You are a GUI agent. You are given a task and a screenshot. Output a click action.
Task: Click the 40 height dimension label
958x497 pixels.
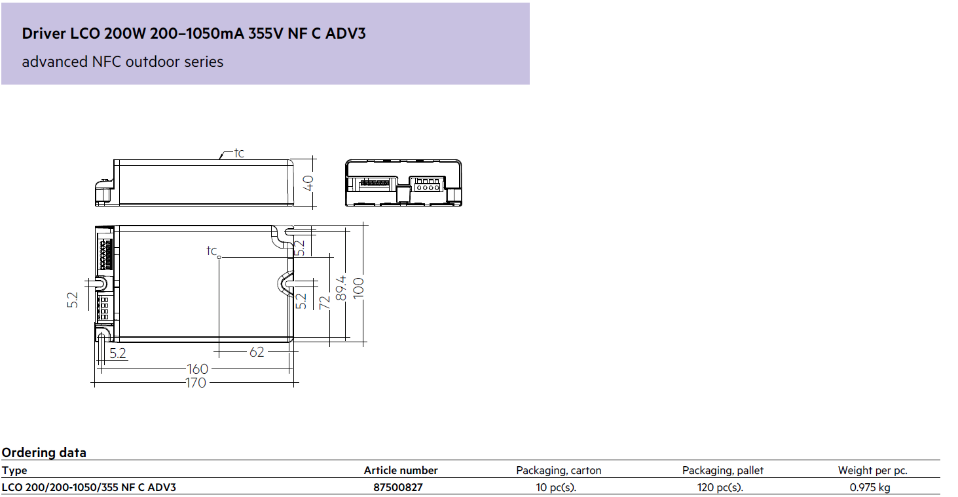[308, 183]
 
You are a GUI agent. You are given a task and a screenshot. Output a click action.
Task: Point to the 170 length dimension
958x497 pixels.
[196, 383]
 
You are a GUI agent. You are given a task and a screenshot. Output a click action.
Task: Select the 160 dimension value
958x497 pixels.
[198, 368]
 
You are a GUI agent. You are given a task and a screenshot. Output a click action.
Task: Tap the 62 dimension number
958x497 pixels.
[257, 352]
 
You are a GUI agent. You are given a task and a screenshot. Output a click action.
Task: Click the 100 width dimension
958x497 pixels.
[358, 287]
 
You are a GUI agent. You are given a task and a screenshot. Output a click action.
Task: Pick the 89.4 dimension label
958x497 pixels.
[341, 288]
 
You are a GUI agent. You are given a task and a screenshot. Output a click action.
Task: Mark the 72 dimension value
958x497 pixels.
[325, 302]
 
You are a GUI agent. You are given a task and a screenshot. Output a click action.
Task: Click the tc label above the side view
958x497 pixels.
[239, 153]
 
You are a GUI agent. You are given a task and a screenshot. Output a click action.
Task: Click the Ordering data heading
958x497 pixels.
[44, 452]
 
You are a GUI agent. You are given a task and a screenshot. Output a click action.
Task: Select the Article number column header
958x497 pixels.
[401, 471]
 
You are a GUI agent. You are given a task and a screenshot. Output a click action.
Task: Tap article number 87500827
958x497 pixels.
[397, 487]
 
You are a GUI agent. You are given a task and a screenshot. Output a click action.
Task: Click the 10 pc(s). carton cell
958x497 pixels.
[556, 487]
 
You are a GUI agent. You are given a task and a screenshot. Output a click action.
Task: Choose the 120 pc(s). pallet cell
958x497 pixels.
[720, 487]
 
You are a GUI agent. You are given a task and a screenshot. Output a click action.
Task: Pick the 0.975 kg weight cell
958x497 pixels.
[870, 487]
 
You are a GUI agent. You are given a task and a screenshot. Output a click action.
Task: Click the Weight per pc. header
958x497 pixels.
[873, 471]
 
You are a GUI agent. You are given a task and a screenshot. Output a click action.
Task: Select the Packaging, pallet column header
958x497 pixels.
[723, 471]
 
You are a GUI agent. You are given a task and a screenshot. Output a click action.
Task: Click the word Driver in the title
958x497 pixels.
[44, 33]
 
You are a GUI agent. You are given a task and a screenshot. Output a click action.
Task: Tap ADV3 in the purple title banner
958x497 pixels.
[346, 33]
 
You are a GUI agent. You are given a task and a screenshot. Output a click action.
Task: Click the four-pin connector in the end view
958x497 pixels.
[428, 184]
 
